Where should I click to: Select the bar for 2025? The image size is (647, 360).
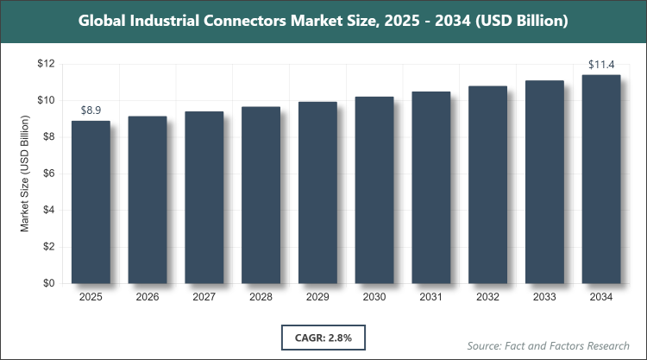tap(91, 202)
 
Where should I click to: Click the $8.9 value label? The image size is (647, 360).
tap(91, 111)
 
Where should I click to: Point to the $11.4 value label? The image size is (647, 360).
tap(601, 64)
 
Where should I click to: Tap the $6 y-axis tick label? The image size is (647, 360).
tap(49, 174)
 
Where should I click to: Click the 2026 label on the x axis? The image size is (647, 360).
tap(148, 298)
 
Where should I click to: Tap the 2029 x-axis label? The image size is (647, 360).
tap(317, 298)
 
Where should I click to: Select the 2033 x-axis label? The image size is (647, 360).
tap(544, 298)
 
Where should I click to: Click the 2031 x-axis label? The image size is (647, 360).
tap(431, 298)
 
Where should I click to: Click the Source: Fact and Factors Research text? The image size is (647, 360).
tap(547, 345)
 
